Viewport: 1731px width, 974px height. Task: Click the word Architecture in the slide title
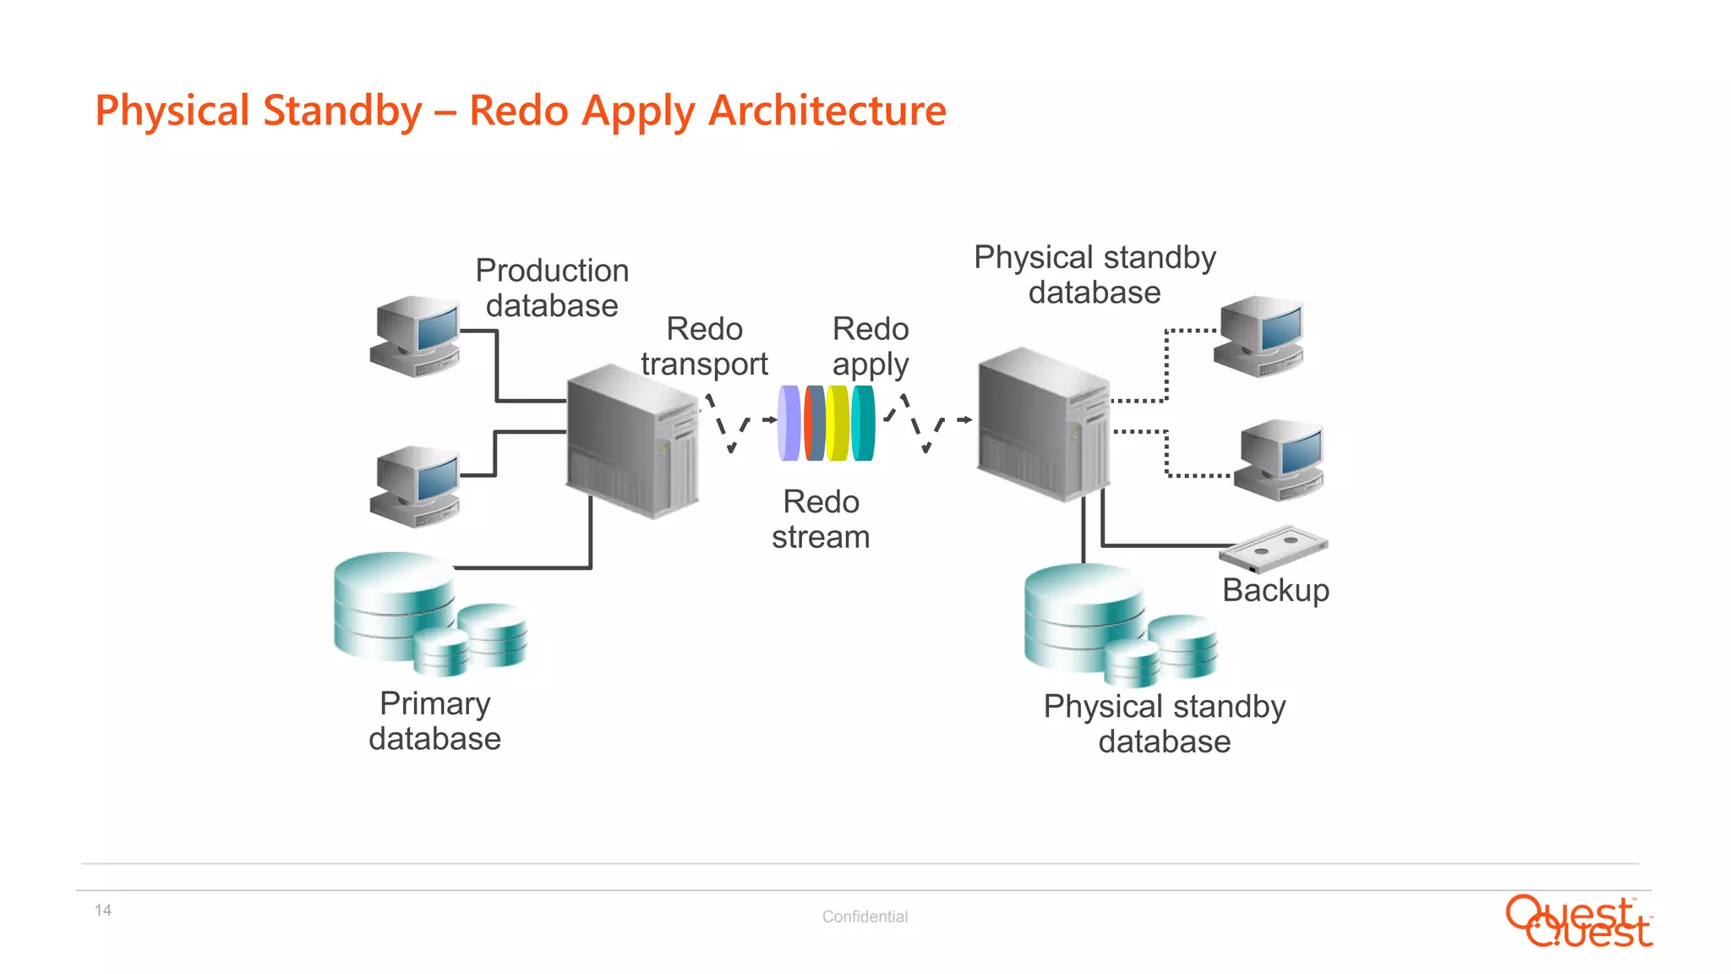[827, 111]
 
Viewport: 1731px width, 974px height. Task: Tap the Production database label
[552, 288]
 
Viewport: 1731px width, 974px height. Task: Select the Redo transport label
[704, 347]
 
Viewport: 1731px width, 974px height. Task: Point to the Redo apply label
[870, 347]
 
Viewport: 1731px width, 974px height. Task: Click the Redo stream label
[821, 519]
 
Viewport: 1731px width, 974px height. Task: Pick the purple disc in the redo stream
[789, 423]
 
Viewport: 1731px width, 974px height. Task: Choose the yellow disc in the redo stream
[838, 423]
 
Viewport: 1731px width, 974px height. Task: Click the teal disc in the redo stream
[863, 423]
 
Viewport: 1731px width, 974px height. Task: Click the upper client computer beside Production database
[415, 336]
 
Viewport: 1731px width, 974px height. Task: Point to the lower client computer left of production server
[415, 486]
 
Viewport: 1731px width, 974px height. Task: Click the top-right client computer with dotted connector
[1259, 336]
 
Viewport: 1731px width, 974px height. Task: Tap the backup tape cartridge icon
[1273, 548]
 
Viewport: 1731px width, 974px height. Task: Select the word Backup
[1275, 590]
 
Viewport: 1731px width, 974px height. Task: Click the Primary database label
[434, 721]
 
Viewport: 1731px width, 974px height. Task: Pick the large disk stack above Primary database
[394, 605]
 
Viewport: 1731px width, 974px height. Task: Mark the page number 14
[103, 911]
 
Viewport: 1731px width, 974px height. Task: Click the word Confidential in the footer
[865, 917]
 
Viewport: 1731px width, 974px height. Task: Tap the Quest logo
[1579, 922]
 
